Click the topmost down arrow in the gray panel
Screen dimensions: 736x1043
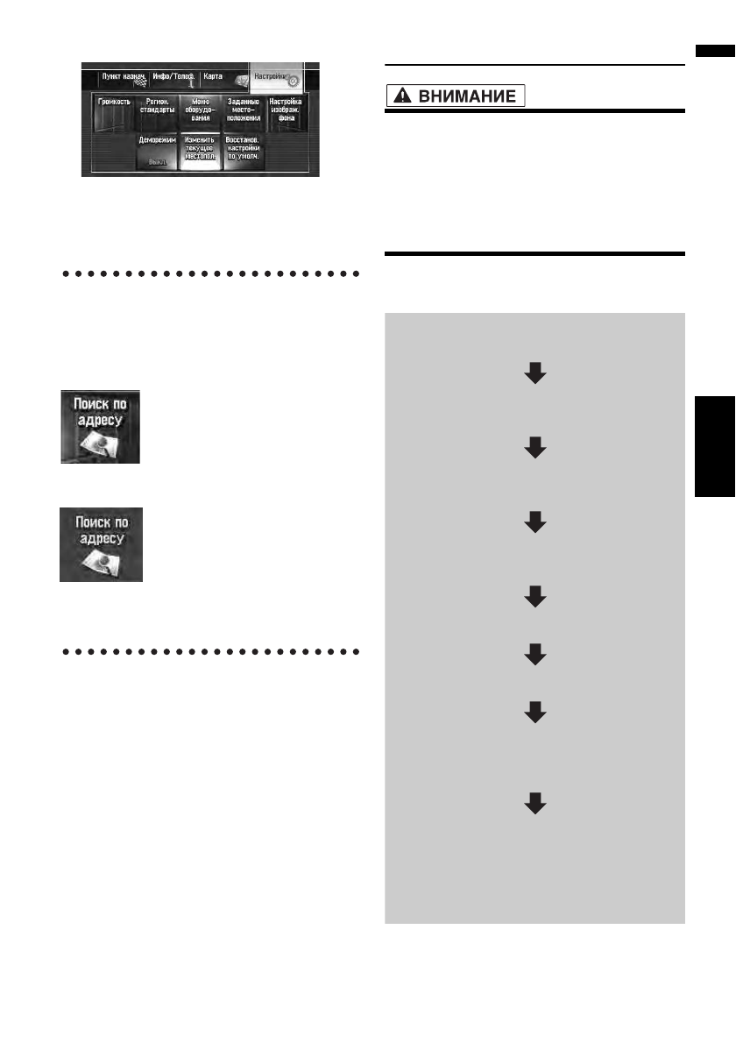(x=534, y=375)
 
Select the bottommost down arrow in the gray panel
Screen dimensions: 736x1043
(x=534, y=804)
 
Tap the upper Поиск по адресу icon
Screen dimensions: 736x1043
(x=99, y=427)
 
